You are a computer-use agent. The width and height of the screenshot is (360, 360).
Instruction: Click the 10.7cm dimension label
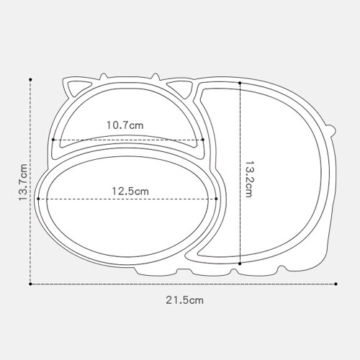(125, 125)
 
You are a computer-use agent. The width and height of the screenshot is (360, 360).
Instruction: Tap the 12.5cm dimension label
(130, 192)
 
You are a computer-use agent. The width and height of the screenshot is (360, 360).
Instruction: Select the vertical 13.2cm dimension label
(248, 179)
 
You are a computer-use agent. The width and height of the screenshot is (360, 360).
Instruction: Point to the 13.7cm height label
(23, 182)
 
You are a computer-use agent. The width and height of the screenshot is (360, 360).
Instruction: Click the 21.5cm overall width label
(184, 300)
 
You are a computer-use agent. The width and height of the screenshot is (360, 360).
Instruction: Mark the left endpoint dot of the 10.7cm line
(53, 140)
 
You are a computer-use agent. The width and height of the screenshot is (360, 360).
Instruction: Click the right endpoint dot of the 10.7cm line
(203, 140)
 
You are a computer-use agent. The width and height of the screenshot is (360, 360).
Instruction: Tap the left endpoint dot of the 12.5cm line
(38, 199)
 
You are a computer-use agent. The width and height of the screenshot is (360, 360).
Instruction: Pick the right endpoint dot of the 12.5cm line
(216, 199)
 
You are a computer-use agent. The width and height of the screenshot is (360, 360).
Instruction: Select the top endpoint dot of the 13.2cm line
(240, 83)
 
